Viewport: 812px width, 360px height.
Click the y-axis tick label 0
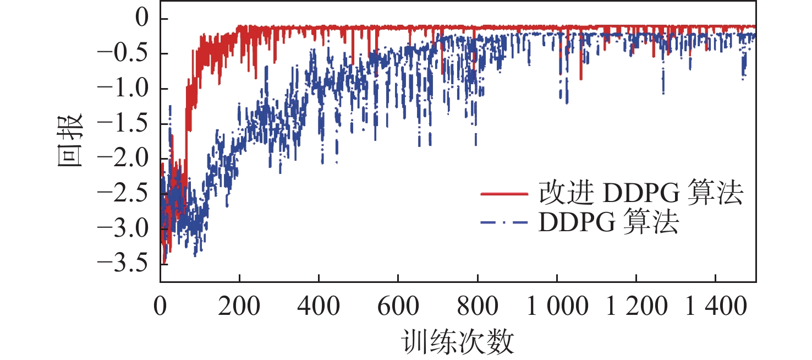coord(145,19)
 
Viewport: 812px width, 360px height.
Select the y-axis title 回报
coord(70,141)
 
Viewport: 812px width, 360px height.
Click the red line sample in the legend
coord(503,194)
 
